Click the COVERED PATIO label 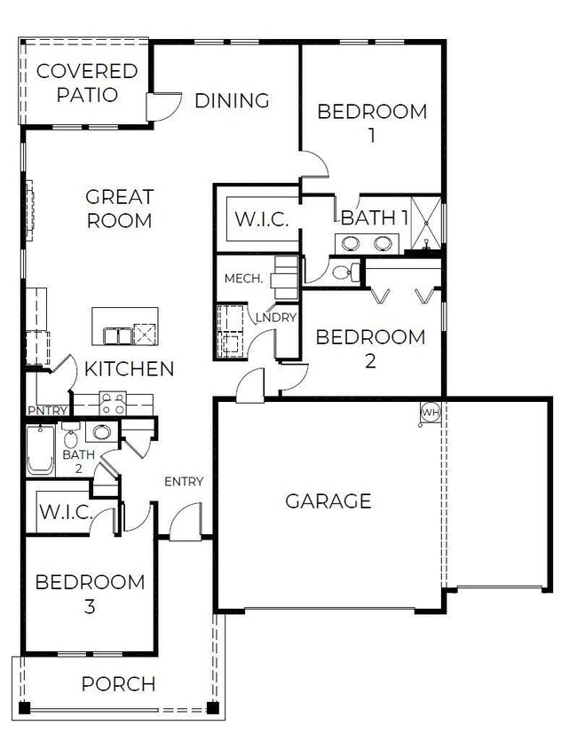tap(87, 83)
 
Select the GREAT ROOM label tap(119, 208)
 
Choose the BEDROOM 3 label tap(90, 595)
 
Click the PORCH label tap(118, 684)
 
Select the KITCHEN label tap(130, 368)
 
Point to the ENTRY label tap(184, 482)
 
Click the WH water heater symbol tap(431, 413)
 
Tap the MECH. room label tap(242, 279)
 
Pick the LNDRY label tap(275, 317)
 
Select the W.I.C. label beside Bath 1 tap(261, 219)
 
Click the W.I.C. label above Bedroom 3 tap(62, 513)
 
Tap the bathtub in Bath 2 tap(40, 451)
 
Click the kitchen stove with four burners tap(112, 404)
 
